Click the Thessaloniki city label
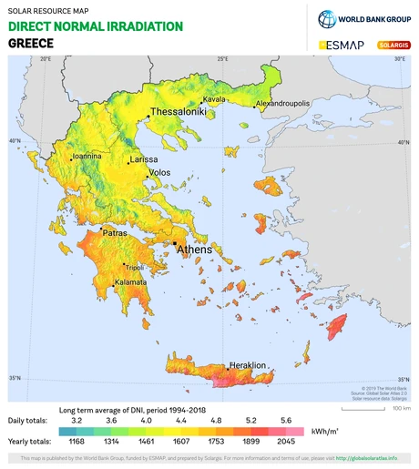[179, 111]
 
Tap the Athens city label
[194, 249]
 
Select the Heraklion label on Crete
[248, 364]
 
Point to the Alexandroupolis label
[282, 104]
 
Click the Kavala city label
[214, 98]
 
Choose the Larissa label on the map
[144, 159]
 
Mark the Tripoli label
[134, 268]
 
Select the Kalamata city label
[130, 283]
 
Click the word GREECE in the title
[30, 43]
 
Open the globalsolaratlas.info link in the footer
[367, 458]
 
